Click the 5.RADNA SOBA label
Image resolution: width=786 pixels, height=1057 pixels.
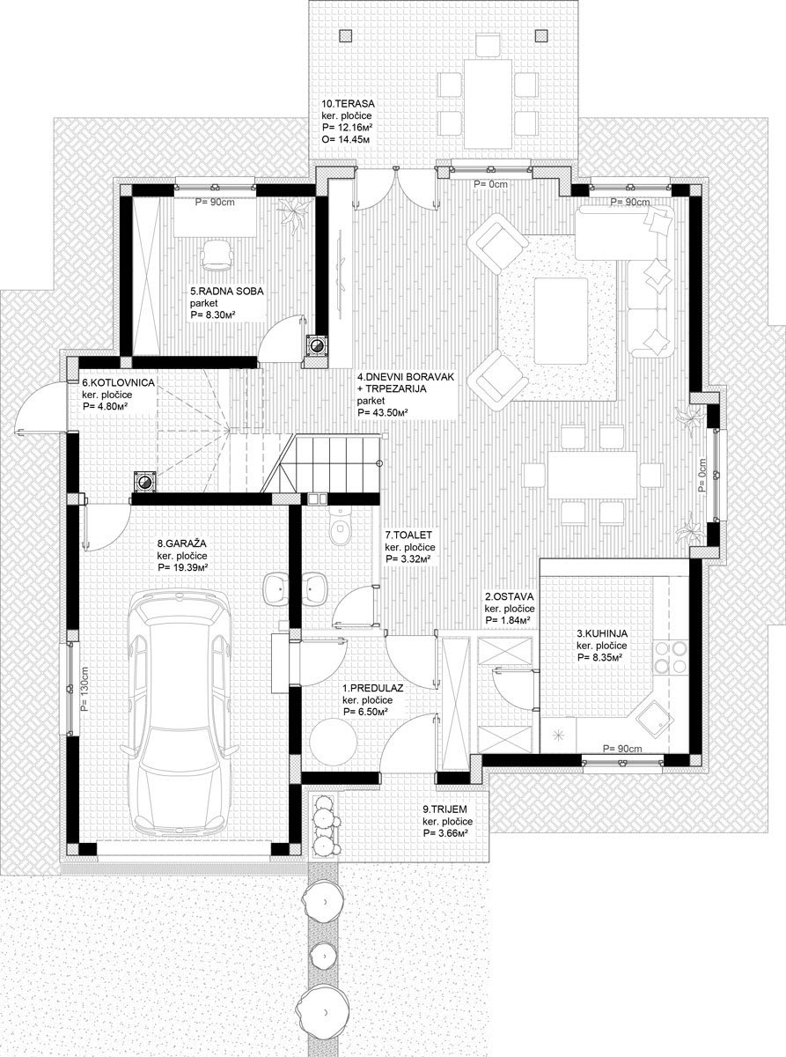227,292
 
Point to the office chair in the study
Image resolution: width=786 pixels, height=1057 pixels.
217,255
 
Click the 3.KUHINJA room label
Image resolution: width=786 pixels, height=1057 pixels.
602,634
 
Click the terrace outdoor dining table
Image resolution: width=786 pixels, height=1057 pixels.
488,103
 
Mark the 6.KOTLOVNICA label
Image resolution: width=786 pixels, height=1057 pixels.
118,382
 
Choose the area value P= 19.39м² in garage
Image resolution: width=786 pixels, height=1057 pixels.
183,567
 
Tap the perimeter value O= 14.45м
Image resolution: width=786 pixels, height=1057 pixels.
346,139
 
